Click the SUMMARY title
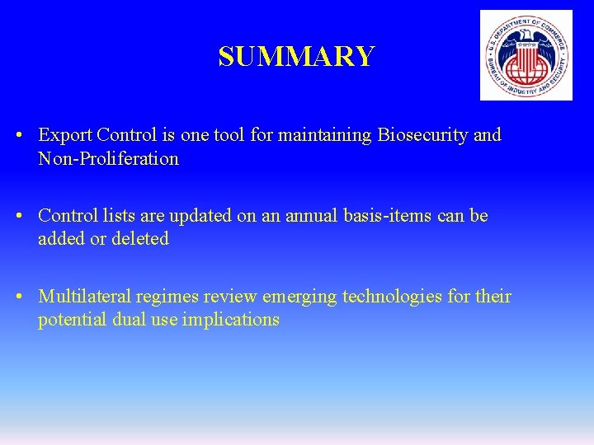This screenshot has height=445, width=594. (296, 56)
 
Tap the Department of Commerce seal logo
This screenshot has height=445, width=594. (526, 55)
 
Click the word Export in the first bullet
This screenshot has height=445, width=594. (64, 135)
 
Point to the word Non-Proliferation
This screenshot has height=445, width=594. (108, 159)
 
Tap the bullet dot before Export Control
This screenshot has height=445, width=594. (27, 135)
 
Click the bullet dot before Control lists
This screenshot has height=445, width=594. (27, 216)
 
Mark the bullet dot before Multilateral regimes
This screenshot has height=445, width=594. (27, 297)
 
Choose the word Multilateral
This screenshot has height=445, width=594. (84, 297)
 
